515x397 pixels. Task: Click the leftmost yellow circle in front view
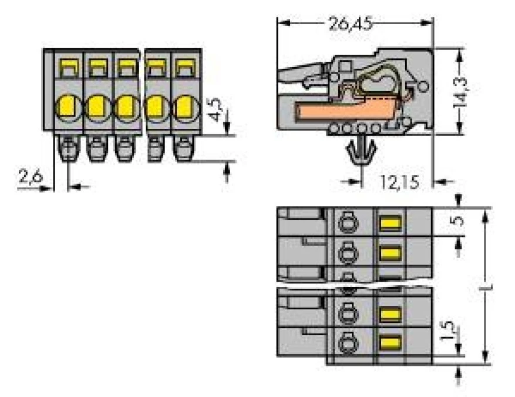[x=66, y=107]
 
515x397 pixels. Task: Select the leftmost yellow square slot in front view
[x=68, y=68]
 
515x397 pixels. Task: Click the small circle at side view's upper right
[x=422, y=88]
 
